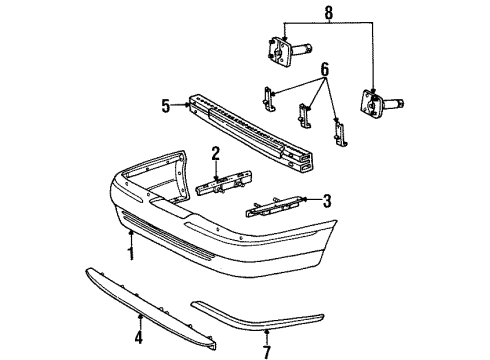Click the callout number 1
132,253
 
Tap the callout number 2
216,154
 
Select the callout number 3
327,201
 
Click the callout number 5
166,106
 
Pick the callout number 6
324,70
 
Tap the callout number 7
267,352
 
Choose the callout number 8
328,13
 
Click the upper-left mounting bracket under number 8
289,52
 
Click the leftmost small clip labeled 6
269,100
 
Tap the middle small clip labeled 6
304,116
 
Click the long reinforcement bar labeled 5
251,133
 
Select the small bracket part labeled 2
224,183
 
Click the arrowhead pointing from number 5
187,105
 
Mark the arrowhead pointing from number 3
305,199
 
